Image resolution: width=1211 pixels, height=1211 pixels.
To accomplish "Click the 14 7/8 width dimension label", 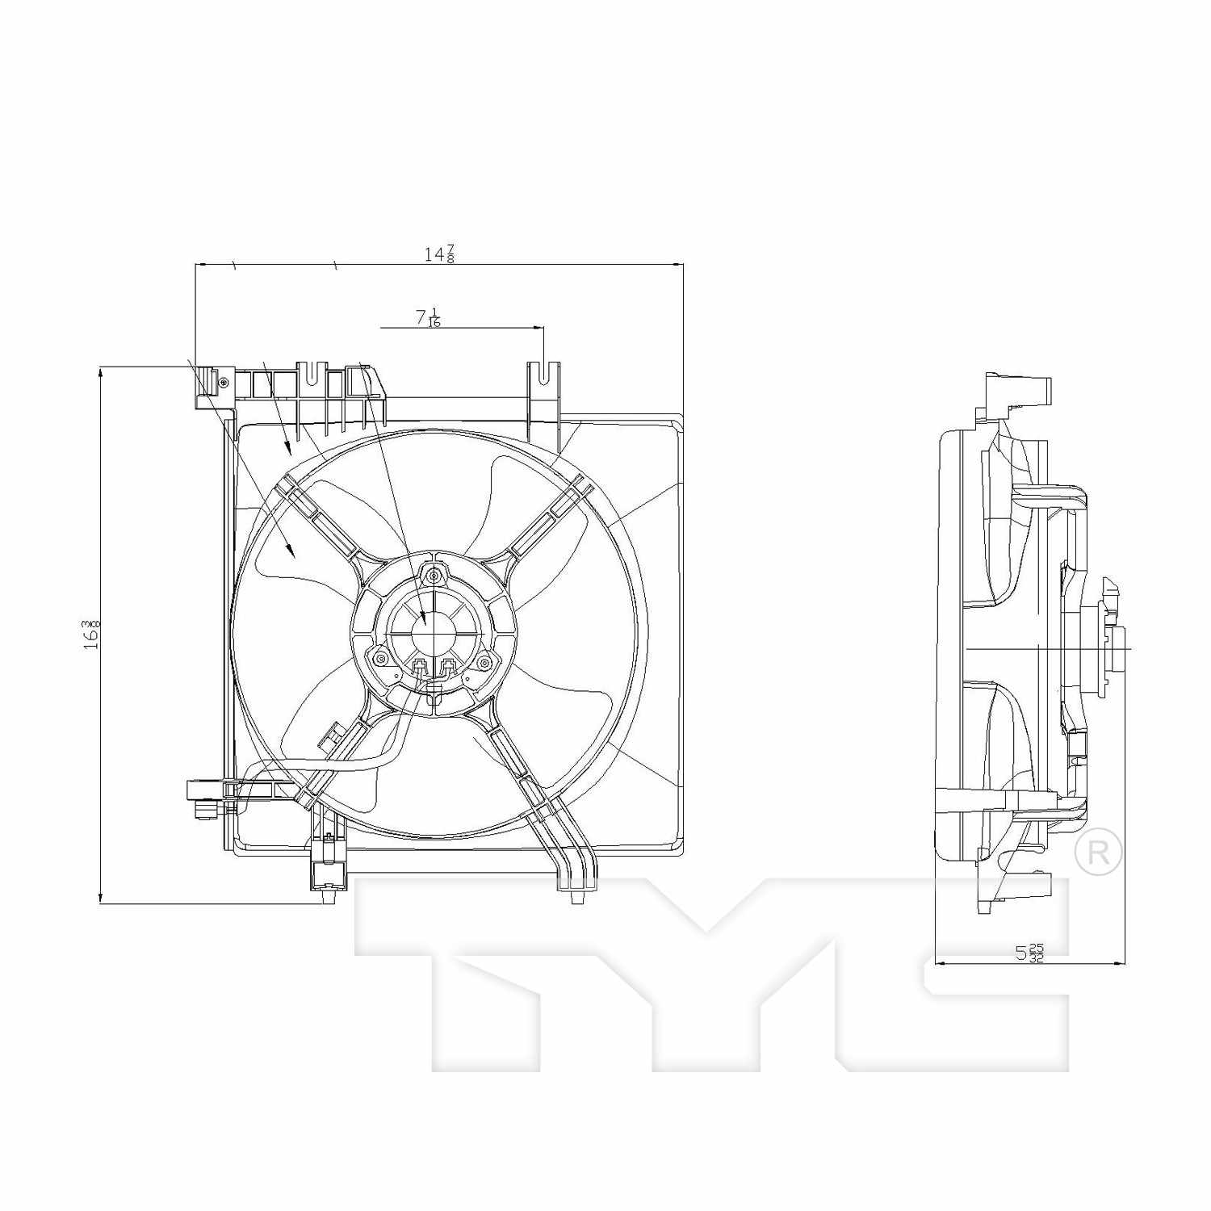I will pos(439,254).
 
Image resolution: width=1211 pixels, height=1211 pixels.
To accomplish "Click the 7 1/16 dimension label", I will pos(429,317).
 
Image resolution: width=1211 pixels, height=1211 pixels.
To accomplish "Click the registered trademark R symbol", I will pos(1098,851).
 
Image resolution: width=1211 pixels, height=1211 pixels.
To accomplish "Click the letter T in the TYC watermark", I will pos(484,969).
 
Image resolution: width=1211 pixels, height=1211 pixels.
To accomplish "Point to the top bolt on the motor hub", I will pos(435,576).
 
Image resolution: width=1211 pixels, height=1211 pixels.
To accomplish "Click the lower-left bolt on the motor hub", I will pos(380,660).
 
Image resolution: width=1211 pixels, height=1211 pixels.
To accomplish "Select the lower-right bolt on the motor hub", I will pos(484,662).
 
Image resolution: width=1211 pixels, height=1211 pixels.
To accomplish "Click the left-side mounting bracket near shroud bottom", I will pos(206,793).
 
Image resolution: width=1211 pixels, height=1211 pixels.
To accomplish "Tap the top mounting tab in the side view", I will pos(1021,392).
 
